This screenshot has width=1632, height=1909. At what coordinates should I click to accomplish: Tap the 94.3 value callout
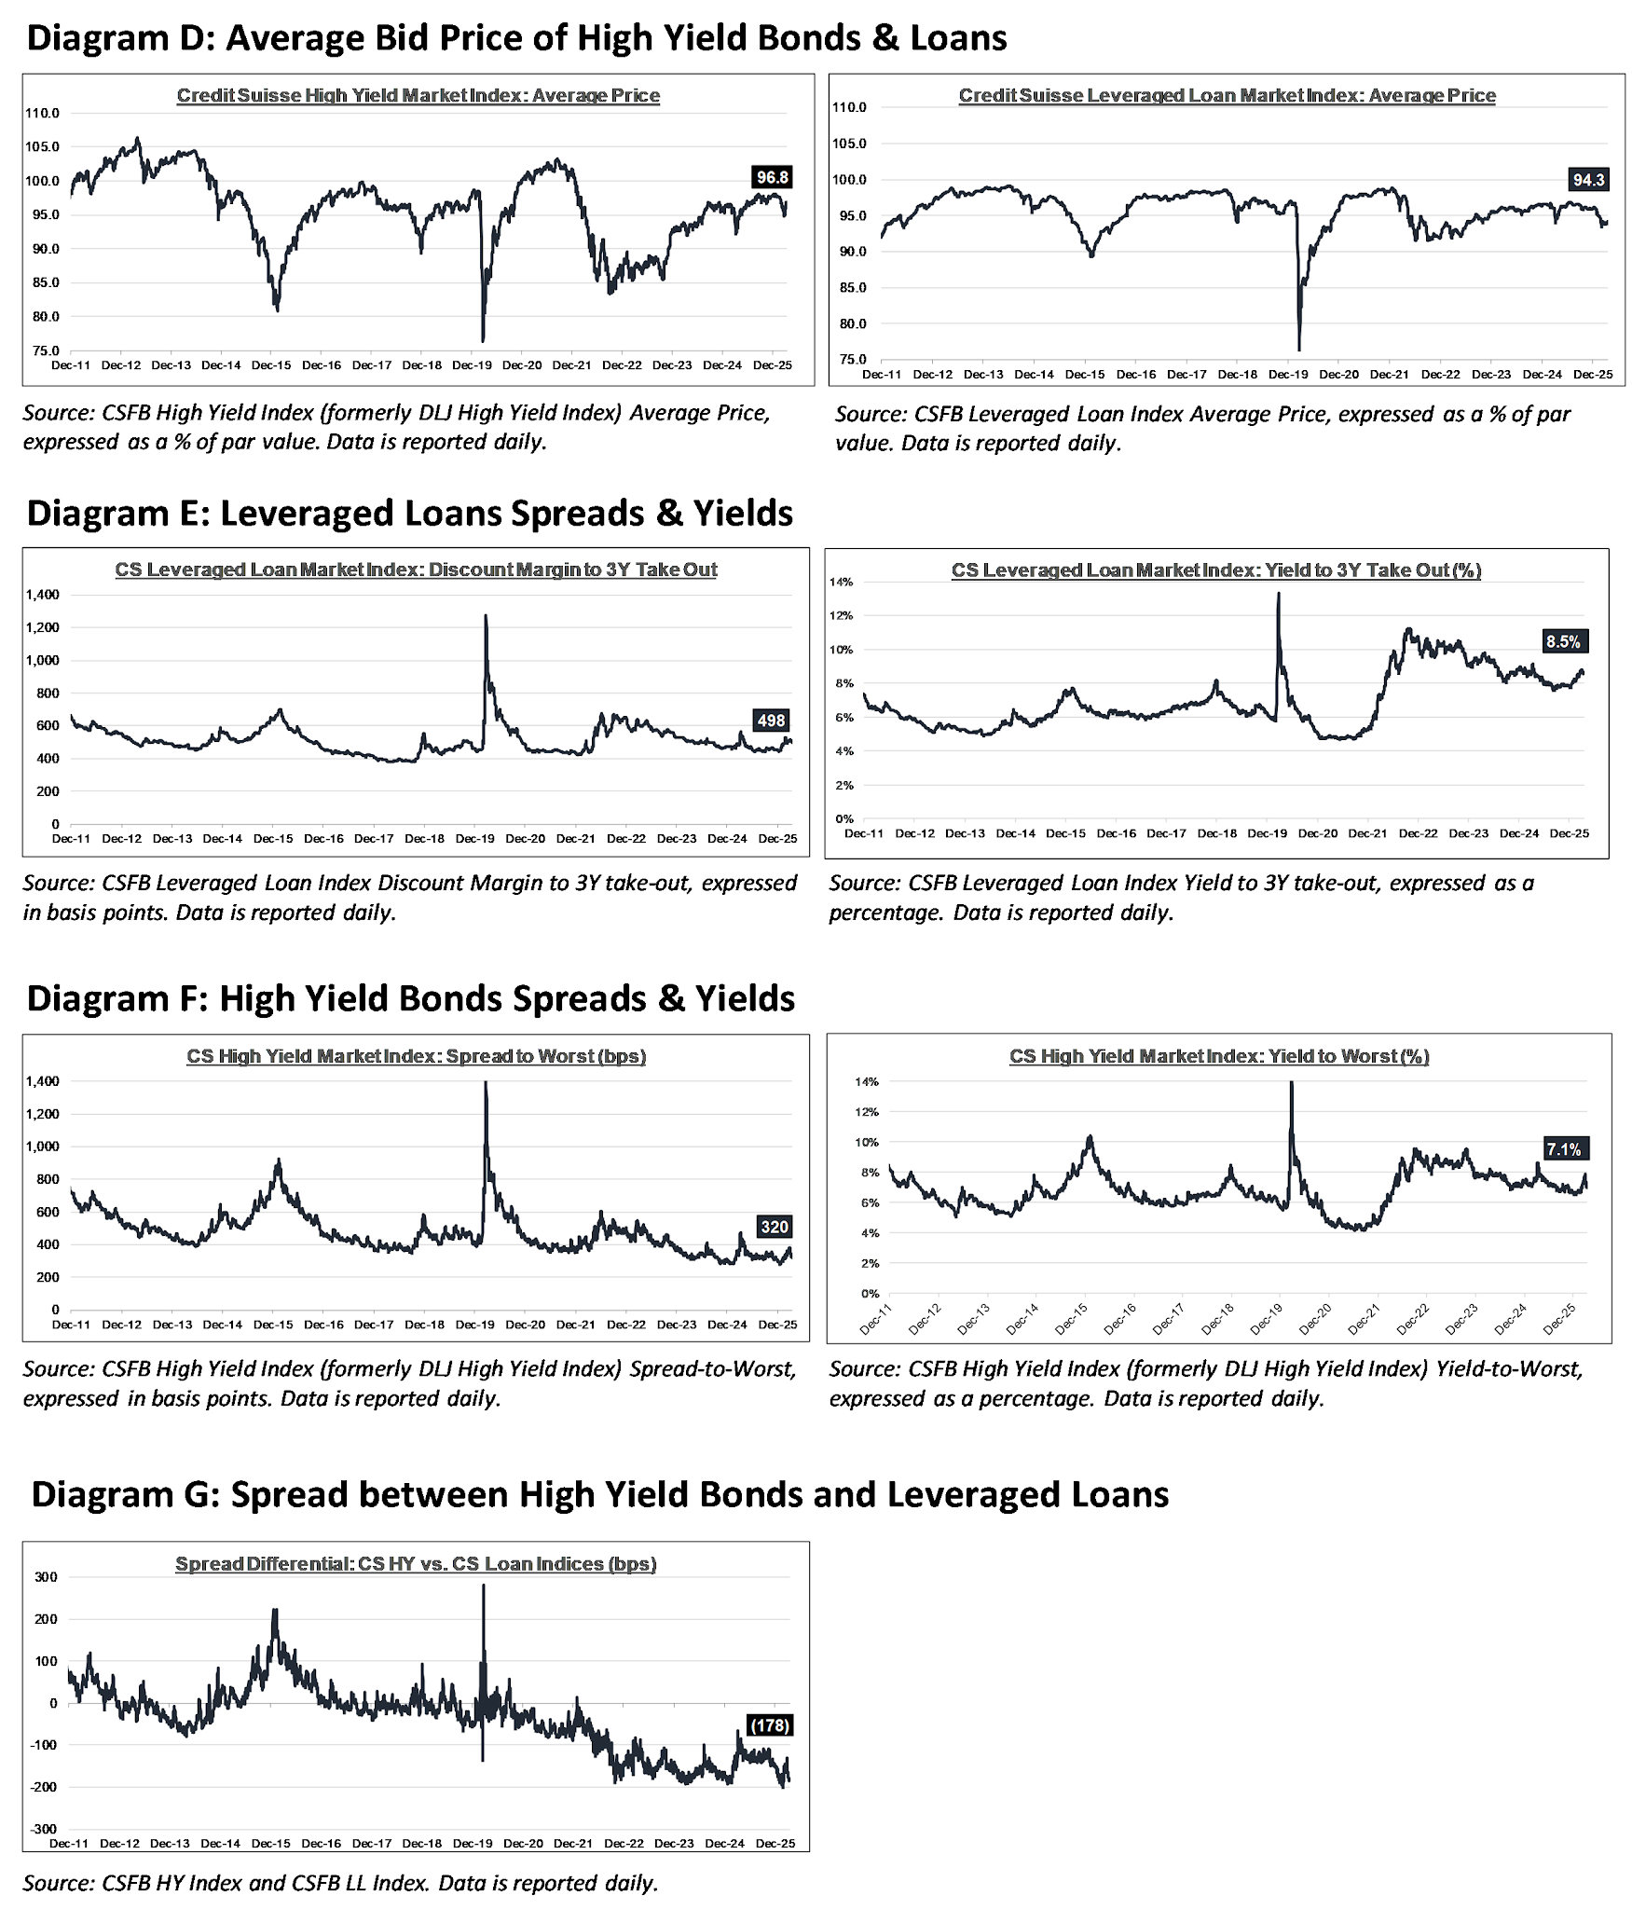tap(1588, 180)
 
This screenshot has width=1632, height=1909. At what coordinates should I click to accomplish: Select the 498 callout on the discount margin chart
tap(772, 720)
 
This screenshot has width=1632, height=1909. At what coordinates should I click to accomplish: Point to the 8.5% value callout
tap(1563, 641)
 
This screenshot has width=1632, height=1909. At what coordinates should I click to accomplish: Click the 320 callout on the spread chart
tap(775, 1227)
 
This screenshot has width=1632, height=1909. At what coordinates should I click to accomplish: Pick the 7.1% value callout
tap(1564, 1149)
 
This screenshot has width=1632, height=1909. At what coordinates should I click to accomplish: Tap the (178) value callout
tap(771, 1725)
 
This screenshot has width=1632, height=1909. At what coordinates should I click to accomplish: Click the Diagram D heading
tap(516, 38)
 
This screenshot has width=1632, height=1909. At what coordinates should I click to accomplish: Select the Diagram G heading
tap(599, 1494)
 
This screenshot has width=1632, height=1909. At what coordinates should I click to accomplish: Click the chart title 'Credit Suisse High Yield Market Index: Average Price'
tap(418, 95)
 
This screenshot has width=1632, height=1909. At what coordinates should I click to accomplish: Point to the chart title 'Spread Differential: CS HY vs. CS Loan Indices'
tap(416, 1564)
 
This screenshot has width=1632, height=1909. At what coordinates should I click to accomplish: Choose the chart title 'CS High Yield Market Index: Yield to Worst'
tap(1219, 1056)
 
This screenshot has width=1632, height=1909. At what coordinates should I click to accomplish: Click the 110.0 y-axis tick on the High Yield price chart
tap(44, 114)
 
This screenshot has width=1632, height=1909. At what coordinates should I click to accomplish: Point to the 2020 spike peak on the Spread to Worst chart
tap(486, 1082)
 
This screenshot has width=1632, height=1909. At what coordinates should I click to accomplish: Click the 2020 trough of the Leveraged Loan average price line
tap(1299, 350)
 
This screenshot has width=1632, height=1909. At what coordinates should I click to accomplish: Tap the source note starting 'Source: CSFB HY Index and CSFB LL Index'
tap(340, 1883)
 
